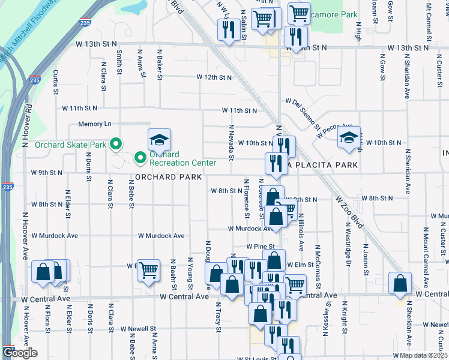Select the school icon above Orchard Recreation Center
pos(159,140)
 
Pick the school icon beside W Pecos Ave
pos(349,137)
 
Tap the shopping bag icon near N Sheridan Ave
pos(400,283)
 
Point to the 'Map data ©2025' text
pos(424,355)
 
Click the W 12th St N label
pos(214,77)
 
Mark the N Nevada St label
pos(231,143)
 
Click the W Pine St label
pos(260,247)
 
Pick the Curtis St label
pos(55,82)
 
